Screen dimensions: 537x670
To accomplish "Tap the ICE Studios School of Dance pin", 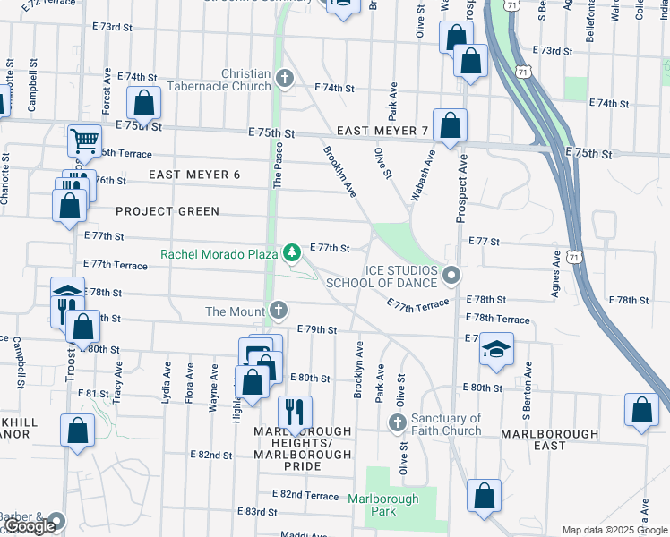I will click(451, 276).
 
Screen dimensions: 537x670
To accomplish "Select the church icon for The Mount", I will click(279, 311).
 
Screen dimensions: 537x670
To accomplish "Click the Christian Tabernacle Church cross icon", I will click(285, 79).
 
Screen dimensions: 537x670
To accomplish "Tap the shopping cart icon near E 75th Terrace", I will click(84, 141).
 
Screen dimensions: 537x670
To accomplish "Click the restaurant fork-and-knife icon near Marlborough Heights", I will click(295, 412).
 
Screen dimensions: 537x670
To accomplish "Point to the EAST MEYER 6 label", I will click(194, 175).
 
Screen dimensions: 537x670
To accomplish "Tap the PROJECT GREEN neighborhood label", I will click(167, 211).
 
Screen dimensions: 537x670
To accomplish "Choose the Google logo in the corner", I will click(30, 527).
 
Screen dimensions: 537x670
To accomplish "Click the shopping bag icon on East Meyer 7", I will click(450, 126).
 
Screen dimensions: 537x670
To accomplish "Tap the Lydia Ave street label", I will click(167, 383).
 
